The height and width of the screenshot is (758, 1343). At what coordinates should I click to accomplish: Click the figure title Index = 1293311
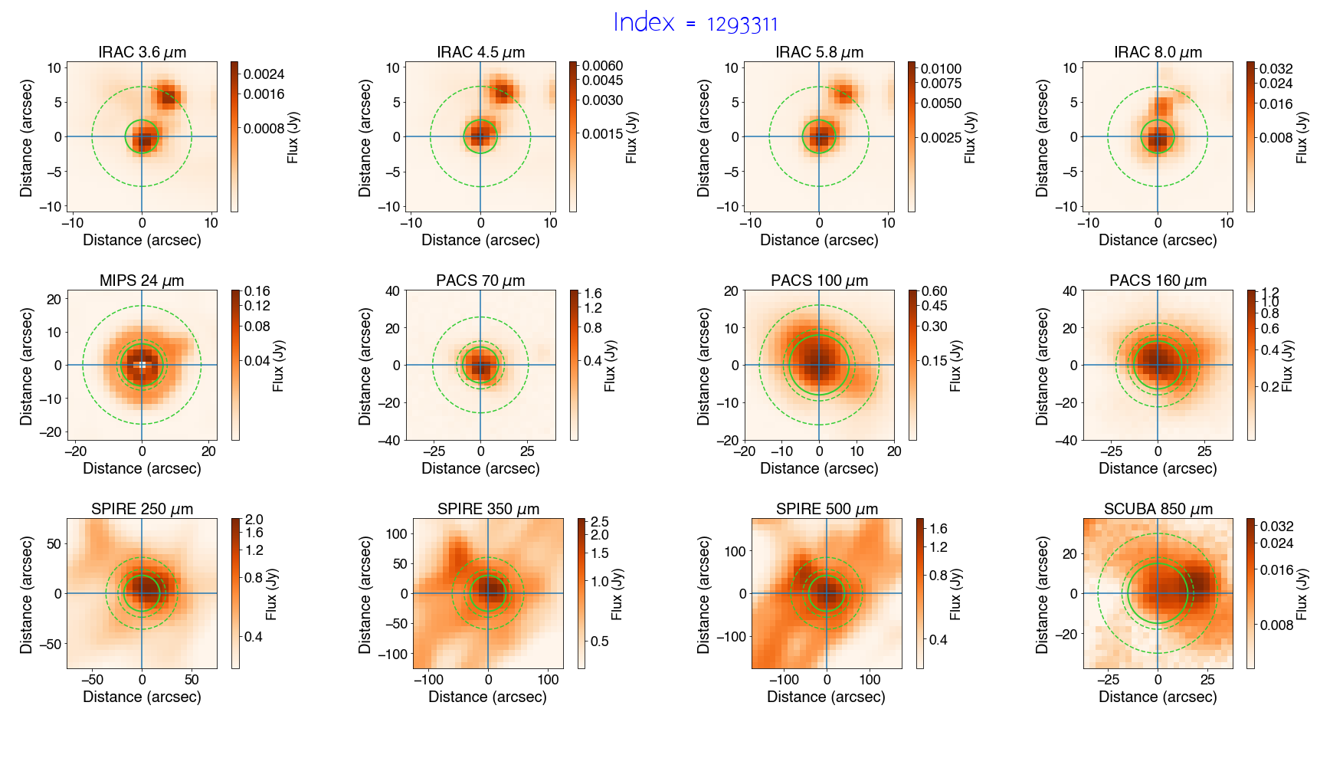(x=695, y=23)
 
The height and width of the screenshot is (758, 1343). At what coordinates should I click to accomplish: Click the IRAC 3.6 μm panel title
(x=142, y=52)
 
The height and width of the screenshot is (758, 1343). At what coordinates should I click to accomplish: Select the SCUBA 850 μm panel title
(x=1158, y=509)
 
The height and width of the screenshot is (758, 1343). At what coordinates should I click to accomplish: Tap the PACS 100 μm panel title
(x=819, y=281)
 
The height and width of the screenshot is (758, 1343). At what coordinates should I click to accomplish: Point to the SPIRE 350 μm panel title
(x=488, y=509)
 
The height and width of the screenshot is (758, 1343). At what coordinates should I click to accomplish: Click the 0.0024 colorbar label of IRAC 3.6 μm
(x=264, y=74)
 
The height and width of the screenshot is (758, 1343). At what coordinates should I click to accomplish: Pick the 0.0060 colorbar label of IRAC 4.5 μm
(x=602, y=66)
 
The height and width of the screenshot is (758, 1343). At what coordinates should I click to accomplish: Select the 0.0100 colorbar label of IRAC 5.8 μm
(x=941, y=69)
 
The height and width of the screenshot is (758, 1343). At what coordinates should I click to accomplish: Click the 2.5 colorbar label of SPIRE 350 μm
(x=599, y=522)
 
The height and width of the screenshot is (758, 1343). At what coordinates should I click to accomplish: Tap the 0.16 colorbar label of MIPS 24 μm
(x=257, y=291)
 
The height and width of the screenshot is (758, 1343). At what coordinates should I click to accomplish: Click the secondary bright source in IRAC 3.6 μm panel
(x=168, y=96)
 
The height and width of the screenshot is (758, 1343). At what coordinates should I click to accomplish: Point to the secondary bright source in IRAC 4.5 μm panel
(x=503, y=92)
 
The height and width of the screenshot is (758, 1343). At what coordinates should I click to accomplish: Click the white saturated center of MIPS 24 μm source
(x=142, y=365)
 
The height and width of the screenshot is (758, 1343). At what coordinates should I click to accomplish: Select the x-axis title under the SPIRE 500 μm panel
(x=826, y=697)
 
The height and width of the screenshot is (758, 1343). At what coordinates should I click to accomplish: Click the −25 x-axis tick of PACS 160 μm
(x=1112, y=451)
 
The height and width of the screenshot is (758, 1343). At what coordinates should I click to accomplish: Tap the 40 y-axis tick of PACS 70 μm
(x=392, y=291)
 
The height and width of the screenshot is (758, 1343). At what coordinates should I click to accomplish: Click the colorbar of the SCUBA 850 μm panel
(x=1250, y=593)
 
